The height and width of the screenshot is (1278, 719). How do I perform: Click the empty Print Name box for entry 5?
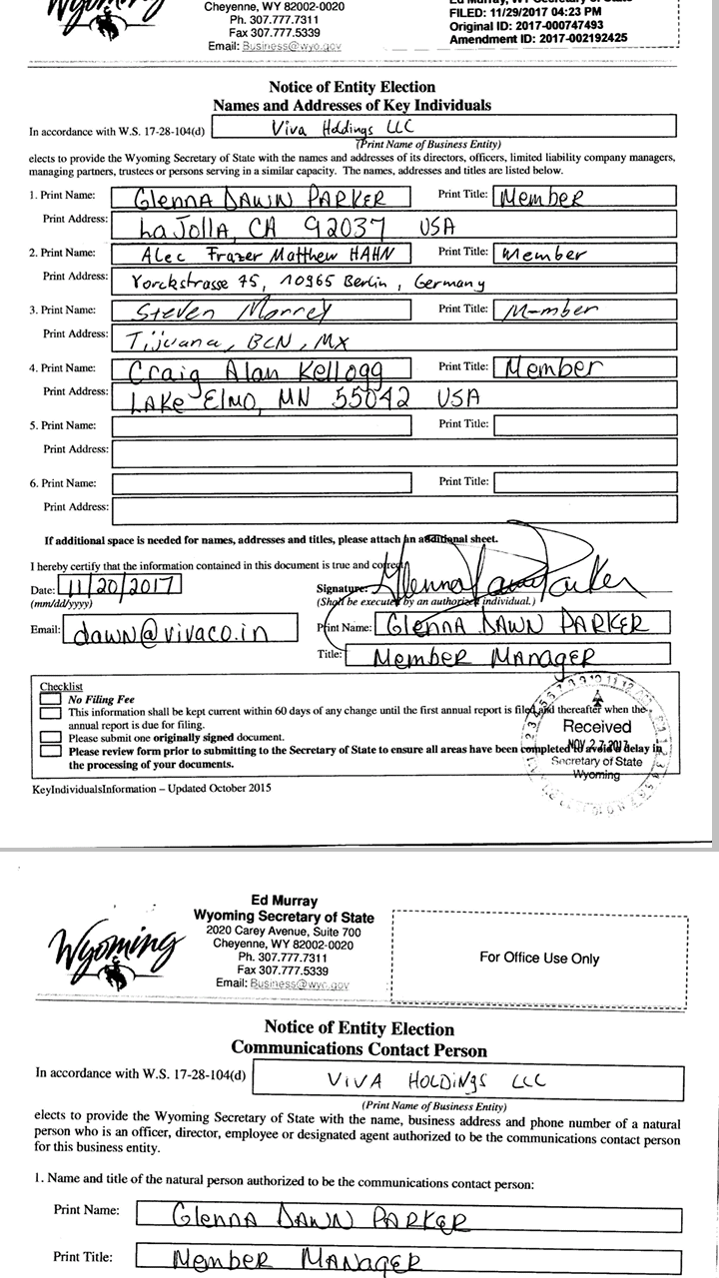click(261, 426)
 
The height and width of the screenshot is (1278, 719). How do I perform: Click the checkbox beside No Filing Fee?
click(50, 700)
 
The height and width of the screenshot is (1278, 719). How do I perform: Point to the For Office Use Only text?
click(539, 958)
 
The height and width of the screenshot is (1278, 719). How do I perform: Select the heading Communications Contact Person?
click(359, 1049)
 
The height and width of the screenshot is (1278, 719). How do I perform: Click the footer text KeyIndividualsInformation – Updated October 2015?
click(152, 788)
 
